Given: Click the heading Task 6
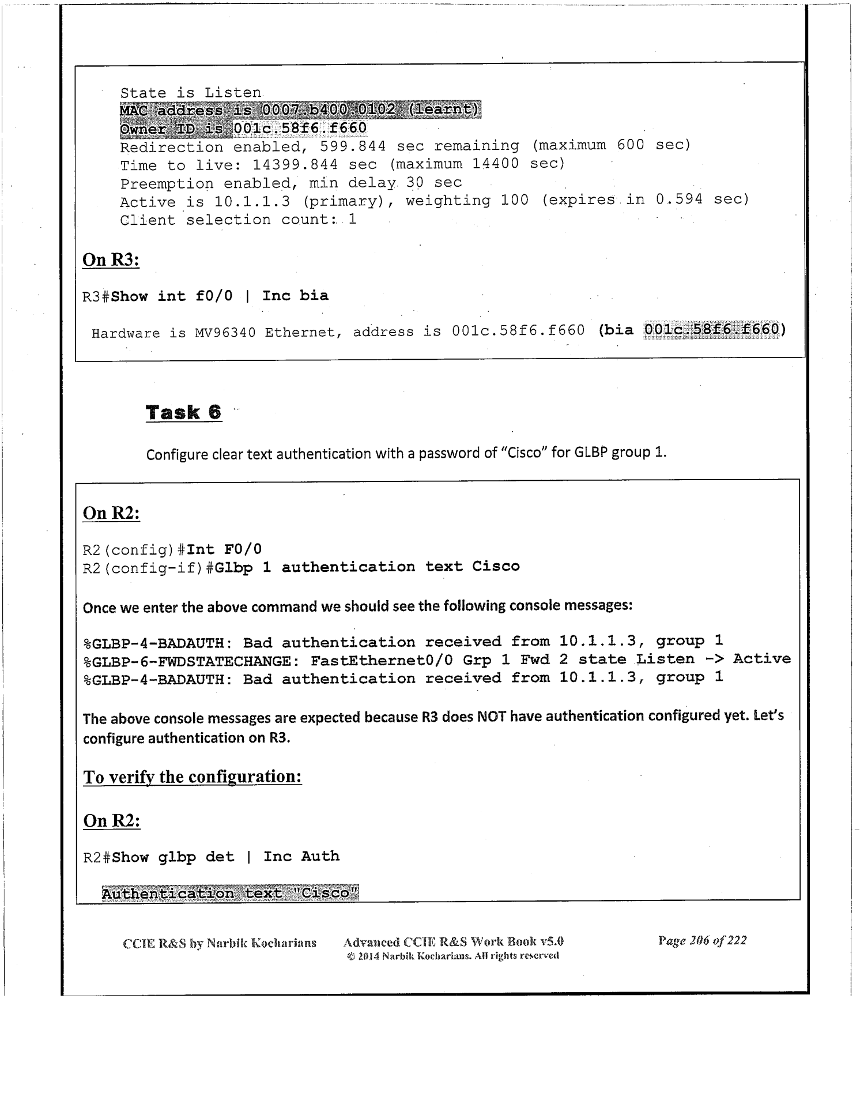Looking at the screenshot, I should pyautogui.click(x=183, y=412).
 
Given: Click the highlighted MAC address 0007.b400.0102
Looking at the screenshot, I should pyautogui.click(x=329, y=110).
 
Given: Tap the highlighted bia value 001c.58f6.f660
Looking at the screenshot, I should pyautogui.click(x=711, y=330).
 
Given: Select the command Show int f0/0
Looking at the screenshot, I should pyautogui.click(x=172, y=296).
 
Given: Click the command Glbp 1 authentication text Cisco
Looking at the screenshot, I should pyautogui.click(x=367, y=567).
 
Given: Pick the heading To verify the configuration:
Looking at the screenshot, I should pyautogui.click(x=193, y=777).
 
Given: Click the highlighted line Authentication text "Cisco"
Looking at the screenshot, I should pyautogui.click(x=230, y=893).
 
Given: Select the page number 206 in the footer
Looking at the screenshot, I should pyautogui.click(x=699, y=940).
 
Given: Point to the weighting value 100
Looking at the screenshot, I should pyautogui.click(x=515, y=200).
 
